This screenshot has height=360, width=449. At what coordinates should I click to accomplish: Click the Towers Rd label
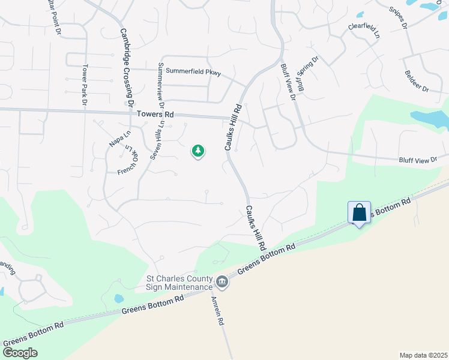click(155, 114)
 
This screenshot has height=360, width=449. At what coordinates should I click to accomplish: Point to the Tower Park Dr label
click(85, 85)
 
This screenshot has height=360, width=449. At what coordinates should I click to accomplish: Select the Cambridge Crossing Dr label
click(126, 68)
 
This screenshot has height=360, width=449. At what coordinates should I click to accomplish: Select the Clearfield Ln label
click(364, 31)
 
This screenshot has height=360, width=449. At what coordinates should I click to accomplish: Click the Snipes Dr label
click(398, 18)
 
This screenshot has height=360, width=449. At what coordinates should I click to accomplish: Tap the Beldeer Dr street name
click(417, 81)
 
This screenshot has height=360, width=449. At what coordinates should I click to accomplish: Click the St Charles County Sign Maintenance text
click(180, 283)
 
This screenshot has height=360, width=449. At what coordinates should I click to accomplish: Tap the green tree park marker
click(198, 151)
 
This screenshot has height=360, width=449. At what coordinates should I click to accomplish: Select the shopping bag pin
click(359, 213)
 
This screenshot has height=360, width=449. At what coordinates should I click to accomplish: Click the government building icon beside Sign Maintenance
click(222, 282)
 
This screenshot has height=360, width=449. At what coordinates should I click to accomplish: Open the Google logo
click(20, 353)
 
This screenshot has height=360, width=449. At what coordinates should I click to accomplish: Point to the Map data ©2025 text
click(423, 355)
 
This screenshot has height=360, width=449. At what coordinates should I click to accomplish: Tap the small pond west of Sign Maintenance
click(119, 298)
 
